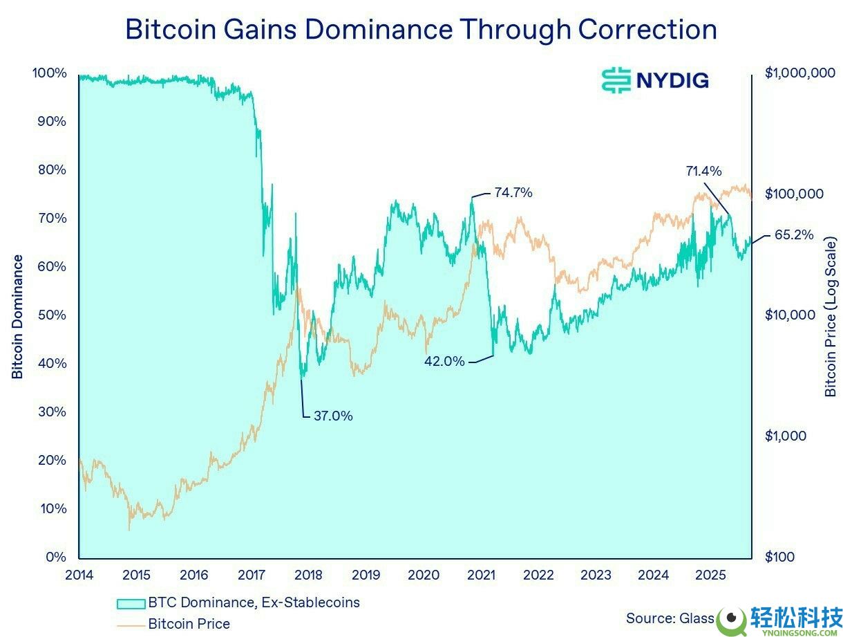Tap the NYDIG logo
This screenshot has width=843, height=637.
click(654, 80)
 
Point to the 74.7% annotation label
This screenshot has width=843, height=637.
click(513, 193)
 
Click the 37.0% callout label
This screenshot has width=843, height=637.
click(333, 416)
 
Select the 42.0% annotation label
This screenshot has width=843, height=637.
click(444, 360)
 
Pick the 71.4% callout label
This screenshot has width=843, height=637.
click(703, 171)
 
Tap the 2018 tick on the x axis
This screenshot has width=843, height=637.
click(308, 575)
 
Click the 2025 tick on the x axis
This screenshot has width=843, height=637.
click(710, 575)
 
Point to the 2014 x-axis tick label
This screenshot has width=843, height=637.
click(79, 575)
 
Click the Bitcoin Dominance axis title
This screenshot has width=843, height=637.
click(18, 317)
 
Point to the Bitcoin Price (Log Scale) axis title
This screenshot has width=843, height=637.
click(830, 317)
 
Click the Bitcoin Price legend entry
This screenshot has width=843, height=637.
click(189, 623)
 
